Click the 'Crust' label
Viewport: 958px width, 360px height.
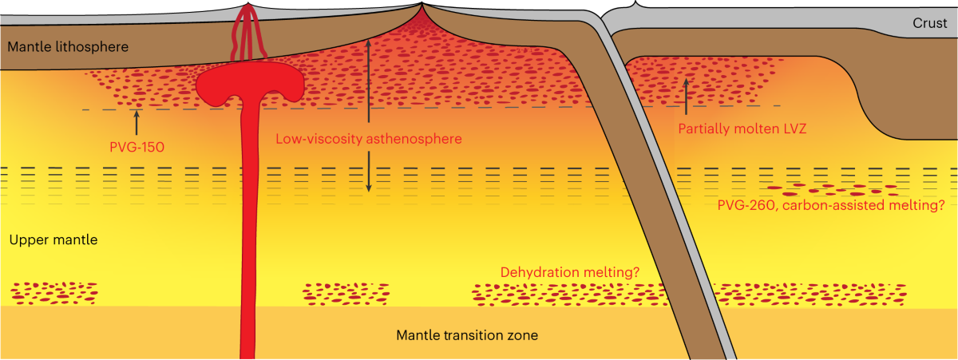click(x=931, y=25)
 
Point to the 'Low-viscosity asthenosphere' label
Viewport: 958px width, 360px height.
click(x=370, y=139)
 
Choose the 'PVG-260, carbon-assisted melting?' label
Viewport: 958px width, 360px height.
click(x=829, y=204)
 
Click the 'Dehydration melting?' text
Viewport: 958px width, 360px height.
click(x=570, y=272)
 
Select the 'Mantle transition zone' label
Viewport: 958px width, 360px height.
click(x=467, y=334)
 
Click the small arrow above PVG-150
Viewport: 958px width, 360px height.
click(x=137, y=123)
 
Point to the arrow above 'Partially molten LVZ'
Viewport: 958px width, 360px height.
click(x=685, y=94)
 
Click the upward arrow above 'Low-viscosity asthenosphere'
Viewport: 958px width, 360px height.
click(x=368, y=80)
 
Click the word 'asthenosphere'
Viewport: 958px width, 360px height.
click(x=416, y=139)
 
